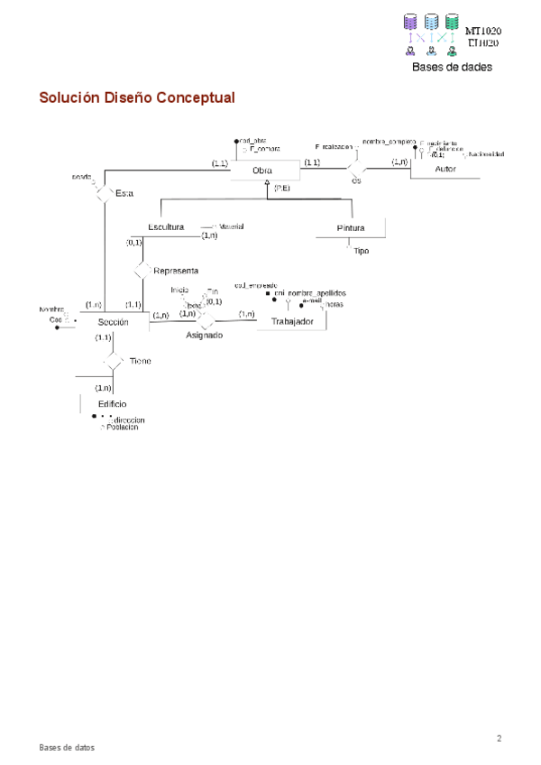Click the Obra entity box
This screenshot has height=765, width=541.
point(262,171)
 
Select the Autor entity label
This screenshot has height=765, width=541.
point(445,170)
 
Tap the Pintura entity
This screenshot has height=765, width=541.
point(351,228)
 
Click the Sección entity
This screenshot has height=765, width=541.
point(114,322)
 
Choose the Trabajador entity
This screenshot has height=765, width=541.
point(292,322)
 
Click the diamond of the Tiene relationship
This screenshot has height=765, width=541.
point(113,361)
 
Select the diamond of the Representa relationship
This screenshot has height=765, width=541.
point(141,271)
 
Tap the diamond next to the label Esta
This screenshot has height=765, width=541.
point(102,194)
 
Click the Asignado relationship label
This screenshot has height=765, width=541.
point(205,335)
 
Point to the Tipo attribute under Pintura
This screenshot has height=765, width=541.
point(362,251)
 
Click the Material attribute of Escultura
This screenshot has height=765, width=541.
point(231,226)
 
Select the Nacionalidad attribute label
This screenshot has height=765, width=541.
point(485,154)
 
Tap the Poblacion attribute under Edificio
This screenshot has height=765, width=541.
point(123,428)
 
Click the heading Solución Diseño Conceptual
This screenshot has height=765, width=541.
point(136,97)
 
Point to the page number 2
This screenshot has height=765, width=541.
point(499,739)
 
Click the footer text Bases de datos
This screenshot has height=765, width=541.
point(66,748)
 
